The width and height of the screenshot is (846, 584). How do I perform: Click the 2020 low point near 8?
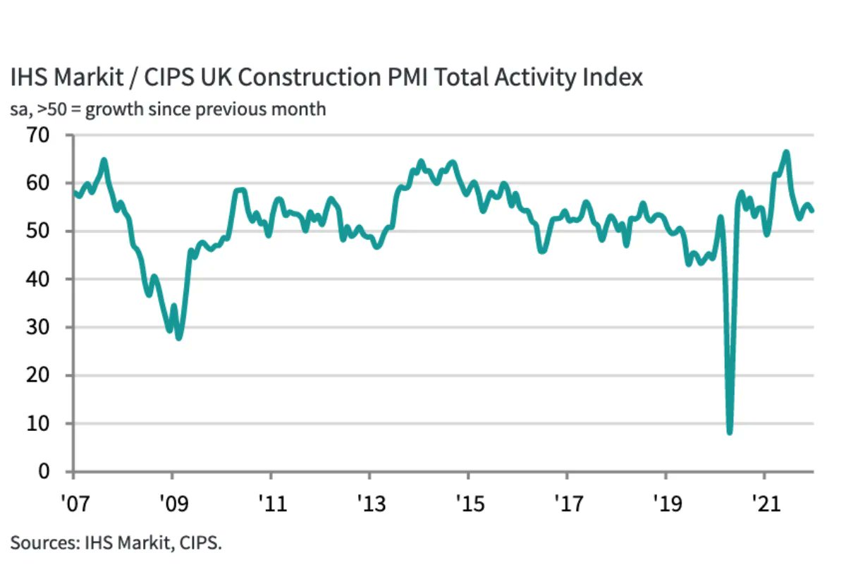click(x=729, y=432)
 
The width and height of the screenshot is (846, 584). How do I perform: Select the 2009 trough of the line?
click(x=179, y=338)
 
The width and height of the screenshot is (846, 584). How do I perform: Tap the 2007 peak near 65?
click(x=104, y=160)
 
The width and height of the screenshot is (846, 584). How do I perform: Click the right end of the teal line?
click(x=812, y=210)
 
